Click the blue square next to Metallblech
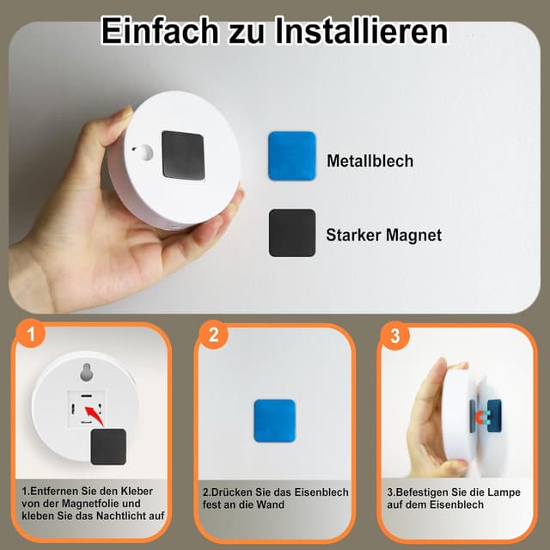[291, 156]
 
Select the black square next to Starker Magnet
[291, 233]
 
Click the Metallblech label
[370, 161]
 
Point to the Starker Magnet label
[383, 235]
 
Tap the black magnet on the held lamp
[183, 155]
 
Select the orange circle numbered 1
[30, 335]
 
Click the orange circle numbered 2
[212, 335]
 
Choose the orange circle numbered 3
[394, 335]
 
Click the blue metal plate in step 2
[274, 420]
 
